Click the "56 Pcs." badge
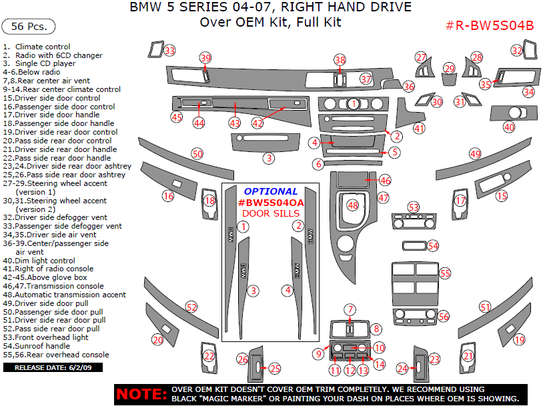tap(29, 26)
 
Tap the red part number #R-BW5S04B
tap(490, 25)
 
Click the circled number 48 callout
tap(353, 205)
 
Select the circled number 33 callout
tap(169, 51)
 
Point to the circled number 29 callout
tap(450, 69)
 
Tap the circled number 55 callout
tap(445, 273)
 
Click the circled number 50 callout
tap(197, 154)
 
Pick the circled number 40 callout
tap(509, 127)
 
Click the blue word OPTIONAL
tap(271, 191)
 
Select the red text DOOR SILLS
tap(271, 213)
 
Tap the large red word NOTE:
tap(141, 394)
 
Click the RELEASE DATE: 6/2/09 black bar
tap(53, 367)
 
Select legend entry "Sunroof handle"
tap(37, 346)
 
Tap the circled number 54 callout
tap(433, 246)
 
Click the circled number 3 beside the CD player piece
tap(269, 158)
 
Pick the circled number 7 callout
tap(350, 309)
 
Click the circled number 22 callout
tap(209, 356)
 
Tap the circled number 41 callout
tap(419, 129)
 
